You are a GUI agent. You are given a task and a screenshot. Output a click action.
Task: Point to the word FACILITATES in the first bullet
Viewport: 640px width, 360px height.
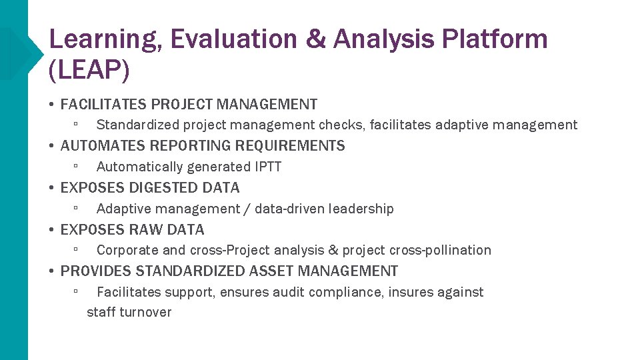[103, 105]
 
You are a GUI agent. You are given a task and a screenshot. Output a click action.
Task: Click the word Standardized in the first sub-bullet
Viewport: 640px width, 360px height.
[137, 125]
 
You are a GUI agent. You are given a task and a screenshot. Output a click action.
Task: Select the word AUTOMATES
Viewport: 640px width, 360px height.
[97, 146]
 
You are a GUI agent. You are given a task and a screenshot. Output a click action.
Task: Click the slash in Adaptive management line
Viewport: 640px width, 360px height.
[247, 209]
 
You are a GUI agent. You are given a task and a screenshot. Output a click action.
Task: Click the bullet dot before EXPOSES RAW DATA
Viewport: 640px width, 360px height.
[51, 230]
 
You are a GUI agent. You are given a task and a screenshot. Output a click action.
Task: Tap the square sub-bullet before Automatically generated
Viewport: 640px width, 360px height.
[77, 166]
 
